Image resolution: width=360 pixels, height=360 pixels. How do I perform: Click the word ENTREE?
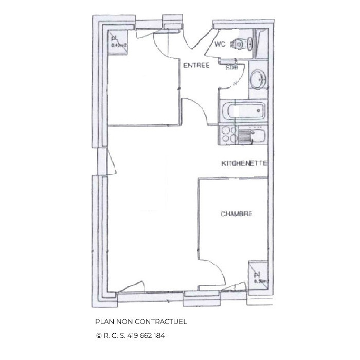pyautogui.click(x=196, y=65)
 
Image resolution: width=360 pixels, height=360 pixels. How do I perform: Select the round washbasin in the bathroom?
pyautogui.click(x=257, y=80)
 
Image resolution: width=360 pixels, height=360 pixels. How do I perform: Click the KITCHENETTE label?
pyautogui.click(x=243, y=164)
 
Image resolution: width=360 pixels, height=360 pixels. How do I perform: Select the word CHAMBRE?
pyautogui.click(x=236, y=214)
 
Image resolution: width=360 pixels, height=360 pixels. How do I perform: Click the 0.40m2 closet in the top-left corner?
pyautogui.click(x=117, y=41)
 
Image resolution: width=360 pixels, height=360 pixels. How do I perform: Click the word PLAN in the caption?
pyautogui.click(x=104, y=321)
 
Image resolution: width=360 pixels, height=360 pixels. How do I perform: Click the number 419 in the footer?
pyautogui.click(x=129, y=335)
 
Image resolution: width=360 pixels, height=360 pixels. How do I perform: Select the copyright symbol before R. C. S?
pyautogui.click(x=99, y=335)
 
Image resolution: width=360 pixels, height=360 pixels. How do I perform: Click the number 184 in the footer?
pyautogui.click(x=159, y=335)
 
